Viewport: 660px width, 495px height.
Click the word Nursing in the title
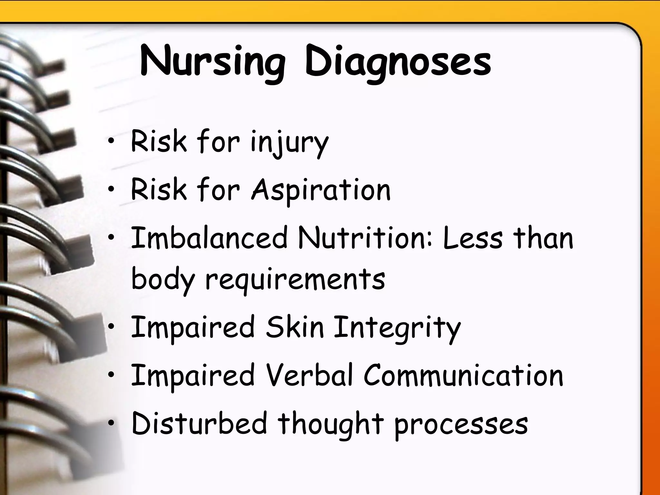(213, 62)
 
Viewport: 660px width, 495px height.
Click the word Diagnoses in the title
(398, 62)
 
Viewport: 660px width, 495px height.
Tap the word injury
(289, 143)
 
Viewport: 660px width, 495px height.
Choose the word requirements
(295, 280)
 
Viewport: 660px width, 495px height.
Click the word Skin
(295, 327)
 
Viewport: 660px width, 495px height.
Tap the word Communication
(463, 375)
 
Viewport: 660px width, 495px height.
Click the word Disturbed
(199, 423)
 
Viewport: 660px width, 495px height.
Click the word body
(163, 280)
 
